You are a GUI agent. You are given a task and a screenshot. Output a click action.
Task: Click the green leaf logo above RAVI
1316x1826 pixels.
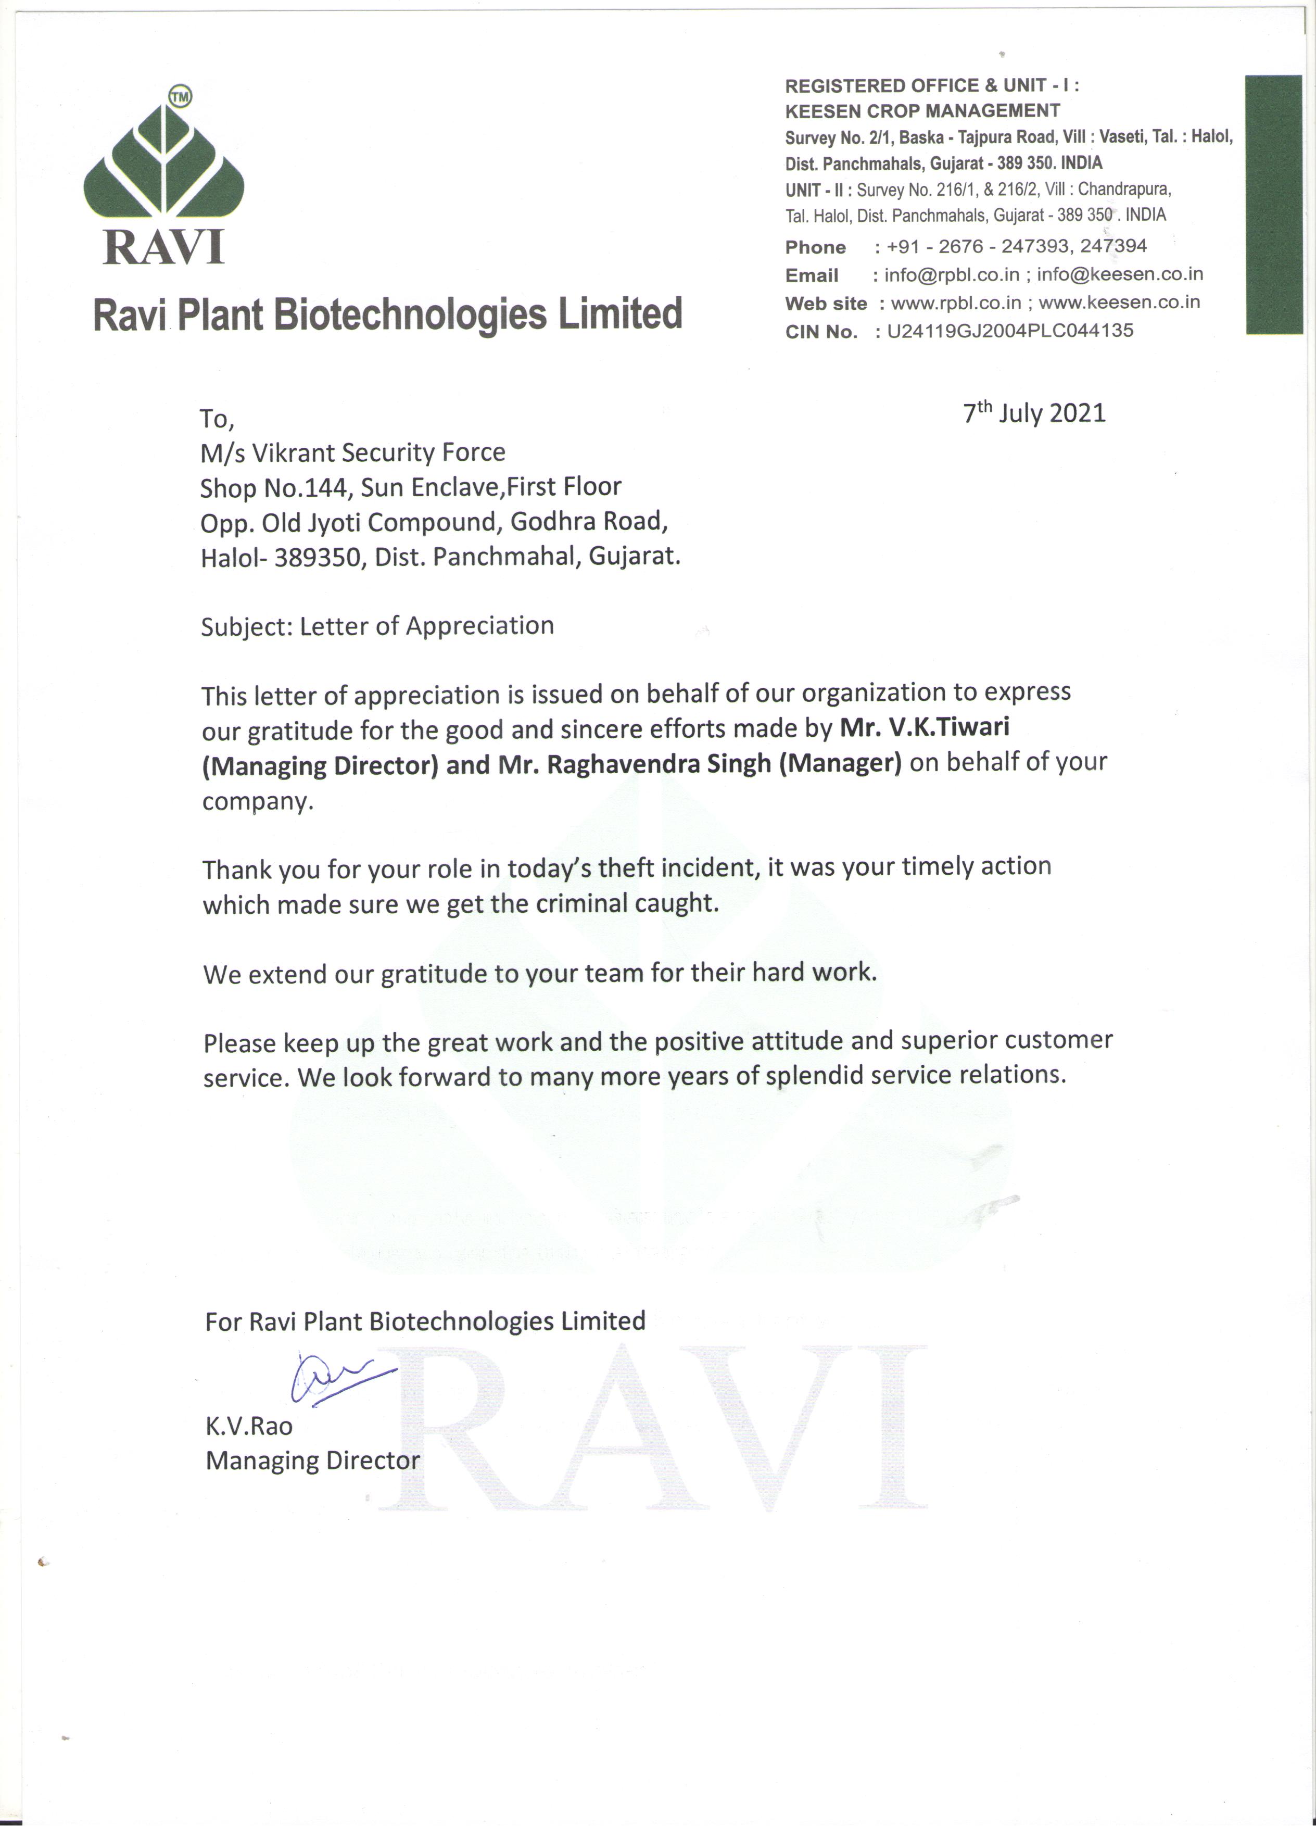coord(163,165)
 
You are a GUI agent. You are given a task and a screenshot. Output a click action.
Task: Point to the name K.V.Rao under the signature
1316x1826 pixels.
coord(249,1426)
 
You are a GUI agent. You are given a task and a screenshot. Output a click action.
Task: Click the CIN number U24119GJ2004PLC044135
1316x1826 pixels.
coord(1009,331)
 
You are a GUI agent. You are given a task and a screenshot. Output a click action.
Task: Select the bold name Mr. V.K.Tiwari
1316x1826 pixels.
coord(925,727)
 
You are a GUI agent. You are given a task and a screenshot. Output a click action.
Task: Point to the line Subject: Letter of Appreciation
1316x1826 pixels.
coord(377,626)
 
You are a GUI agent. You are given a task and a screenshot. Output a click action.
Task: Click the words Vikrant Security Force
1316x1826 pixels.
coord(378,454)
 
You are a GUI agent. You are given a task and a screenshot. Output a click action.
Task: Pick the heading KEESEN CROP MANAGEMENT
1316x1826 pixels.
coord(922,111)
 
